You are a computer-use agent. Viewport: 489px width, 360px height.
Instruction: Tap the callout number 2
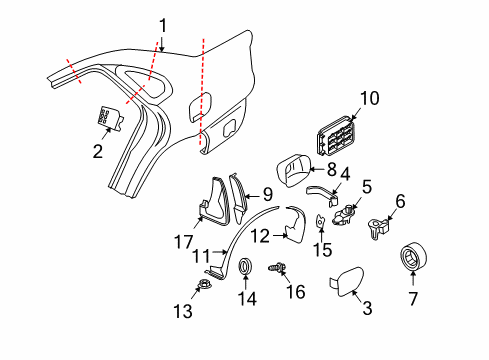pyautogui.click(x=96, y=153)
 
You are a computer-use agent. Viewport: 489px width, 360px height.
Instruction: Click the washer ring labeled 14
pyautogui.click(x=247, y=267)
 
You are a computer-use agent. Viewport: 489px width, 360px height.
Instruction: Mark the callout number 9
pyautogui.click(x=267, y=194)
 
